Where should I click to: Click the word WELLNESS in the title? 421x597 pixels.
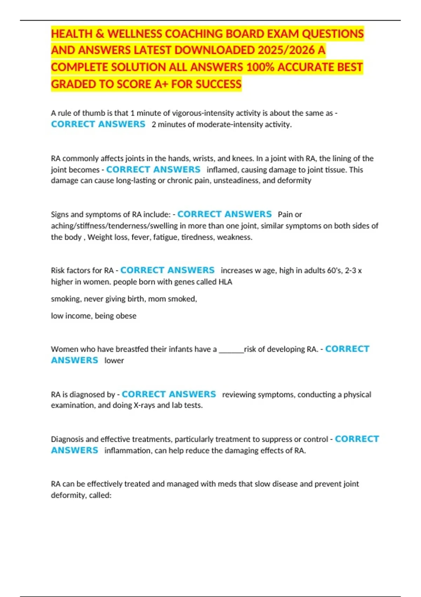click(x=134, y=34)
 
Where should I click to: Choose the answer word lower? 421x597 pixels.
click(x=114, y=360)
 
